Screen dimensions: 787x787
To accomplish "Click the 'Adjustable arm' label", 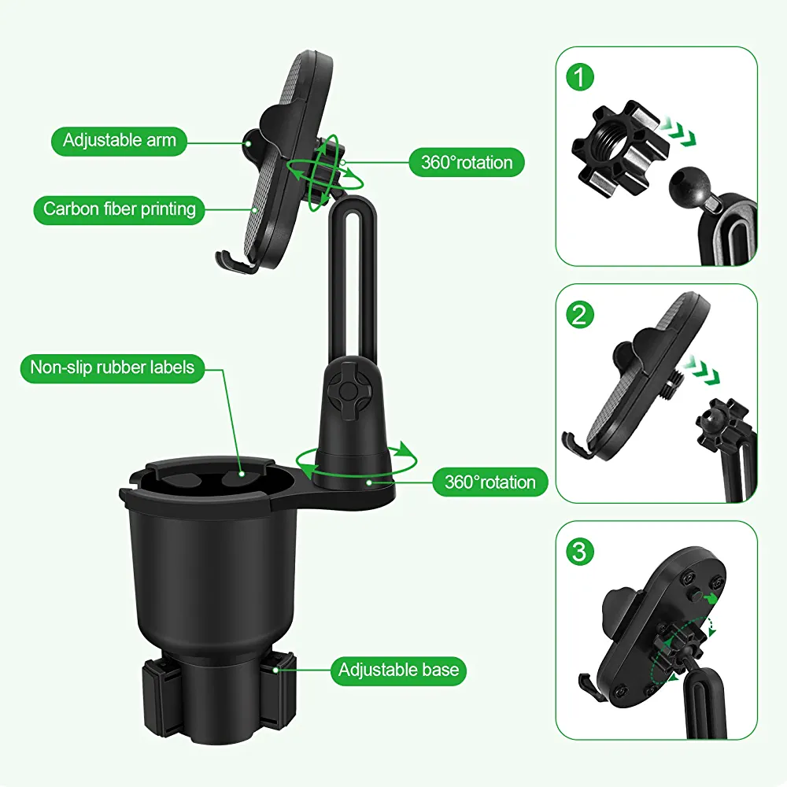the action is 119,141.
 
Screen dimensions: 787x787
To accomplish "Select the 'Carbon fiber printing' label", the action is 120,209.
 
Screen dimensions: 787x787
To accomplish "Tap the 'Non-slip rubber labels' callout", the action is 113,368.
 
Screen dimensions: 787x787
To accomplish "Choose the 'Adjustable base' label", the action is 398,671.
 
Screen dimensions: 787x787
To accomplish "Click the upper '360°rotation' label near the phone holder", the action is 467,163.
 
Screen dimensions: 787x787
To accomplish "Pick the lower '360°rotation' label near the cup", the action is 490,482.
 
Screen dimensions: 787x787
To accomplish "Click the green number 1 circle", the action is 580,77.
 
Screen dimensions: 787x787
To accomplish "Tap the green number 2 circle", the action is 580,316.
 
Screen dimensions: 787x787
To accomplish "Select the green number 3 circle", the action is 580,552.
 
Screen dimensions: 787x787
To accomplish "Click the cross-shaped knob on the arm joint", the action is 345,388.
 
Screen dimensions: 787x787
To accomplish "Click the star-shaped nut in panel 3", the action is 675,645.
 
